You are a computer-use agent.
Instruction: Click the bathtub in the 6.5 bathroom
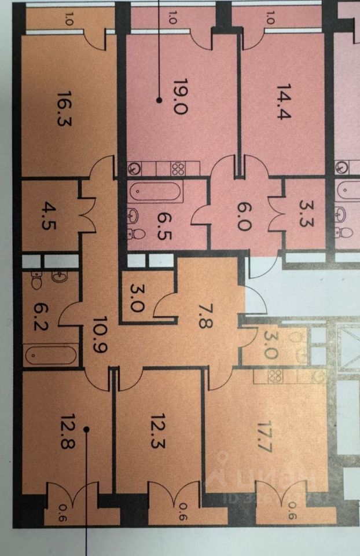[x=156, y=191]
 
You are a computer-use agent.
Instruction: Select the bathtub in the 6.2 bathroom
[x=51, y=354]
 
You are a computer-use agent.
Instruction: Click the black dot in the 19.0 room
[x=159, y=100]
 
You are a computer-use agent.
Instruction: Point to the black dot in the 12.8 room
[x=86, y=429]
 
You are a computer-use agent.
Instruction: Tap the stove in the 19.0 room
[x=178, y=169]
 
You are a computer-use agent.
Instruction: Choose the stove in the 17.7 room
[x=274, y=376]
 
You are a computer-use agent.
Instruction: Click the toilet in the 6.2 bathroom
[x=37, y=281]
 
